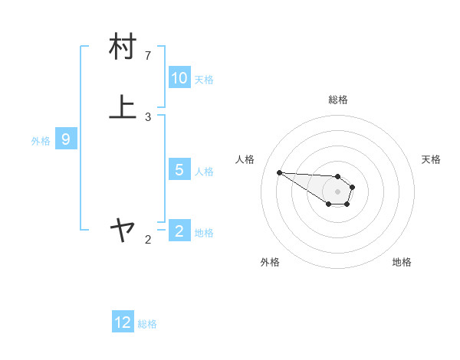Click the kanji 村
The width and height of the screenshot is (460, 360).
[x=123, y=47]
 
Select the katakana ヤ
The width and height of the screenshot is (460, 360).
[x=123, y=228]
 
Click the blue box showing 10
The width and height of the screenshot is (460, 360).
[x=179, y=78]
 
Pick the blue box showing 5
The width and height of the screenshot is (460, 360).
[x=179, y=170]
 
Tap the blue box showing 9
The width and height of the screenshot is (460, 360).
[x=66, y=139]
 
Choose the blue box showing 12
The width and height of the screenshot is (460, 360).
[x=123, y=322]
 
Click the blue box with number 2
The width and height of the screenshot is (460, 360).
[x=179, y=231]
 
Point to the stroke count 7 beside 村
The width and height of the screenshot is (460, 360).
[x=148, y=55]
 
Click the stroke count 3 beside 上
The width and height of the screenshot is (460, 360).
[x=148, y=116]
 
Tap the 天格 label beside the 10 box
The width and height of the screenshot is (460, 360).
[x=204, y=79]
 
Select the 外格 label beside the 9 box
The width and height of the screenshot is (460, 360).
[x=41, y=141]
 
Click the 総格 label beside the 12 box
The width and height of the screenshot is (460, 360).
[x=147, y=324]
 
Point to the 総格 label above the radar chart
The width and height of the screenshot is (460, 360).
[x=338, y=100]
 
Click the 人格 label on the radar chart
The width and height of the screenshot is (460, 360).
[x=245, y=159]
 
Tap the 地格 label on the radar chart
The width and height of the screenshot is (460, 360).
[x=402, y=262]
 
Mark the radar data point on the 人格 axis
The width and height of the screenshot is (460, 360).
[x=279, y=172]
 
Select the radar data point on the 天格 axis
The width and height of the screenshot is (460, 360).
[x=353, y=186]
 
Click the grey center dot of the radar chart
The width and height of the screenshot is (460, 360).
[x=338, y=191]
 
